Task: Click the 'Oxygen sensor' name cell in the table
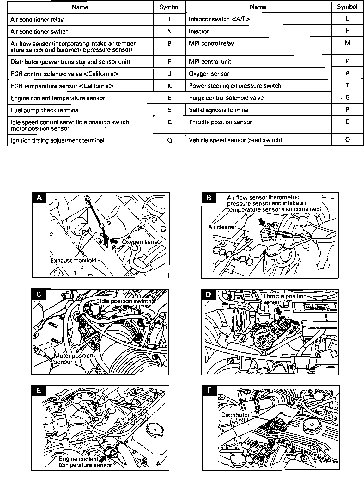click(x=209, y=74)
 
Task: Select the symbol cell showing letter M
click(x=347, y=43)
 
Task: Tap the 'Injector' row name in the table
click(x=199, y=32)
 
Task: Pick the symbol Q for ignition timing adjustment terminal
click(x=170, y=140)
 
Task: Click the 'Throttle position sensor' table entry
click(x=220, y=122)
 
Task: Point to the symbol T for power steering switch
click(x=347, y=85)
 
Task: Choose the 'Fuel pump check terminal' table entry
click(x=45, y=110)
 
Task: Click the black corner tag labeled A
click(x=39, y=197)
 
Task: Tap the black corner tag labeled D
click(x=209, y=294)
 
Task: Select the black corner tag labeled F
click(x=209, y=391)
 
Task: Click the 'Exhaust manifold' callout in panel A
click(x=73, y=260)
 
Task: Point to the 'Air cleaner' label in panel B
click(x=222, y=227)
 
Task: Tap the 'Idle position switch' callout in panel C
click(x=125, y=301)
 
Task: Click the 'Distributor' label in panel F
click(x=235, y=415)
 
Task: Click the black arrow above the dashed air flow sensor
click(x=262, y=222)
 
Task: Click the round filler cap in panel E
click(x=155, y=430)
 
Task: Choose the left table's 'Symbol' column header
click(x=169, y=7)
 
